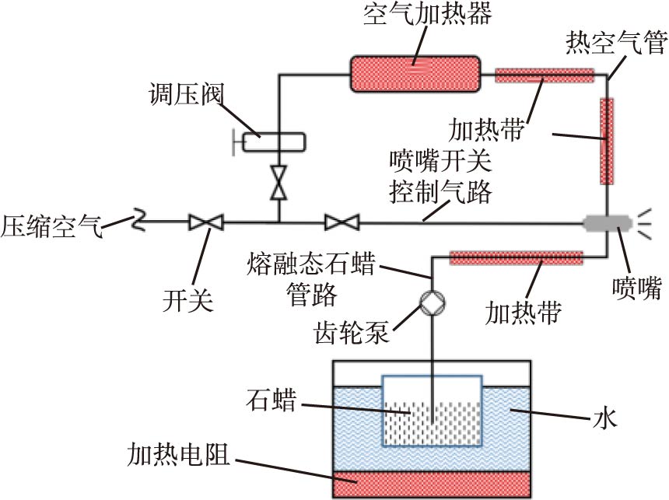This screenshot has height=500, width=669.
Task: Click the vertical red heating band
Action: coord(606,141)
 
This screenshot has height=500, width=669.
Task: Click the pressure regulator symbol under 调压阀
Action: coord(274,142)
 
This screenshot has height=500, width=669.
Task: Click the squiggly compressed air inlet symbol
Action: coord(138,222)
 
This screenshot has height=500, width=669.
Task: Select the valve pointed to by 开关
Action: coord(206,223)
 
